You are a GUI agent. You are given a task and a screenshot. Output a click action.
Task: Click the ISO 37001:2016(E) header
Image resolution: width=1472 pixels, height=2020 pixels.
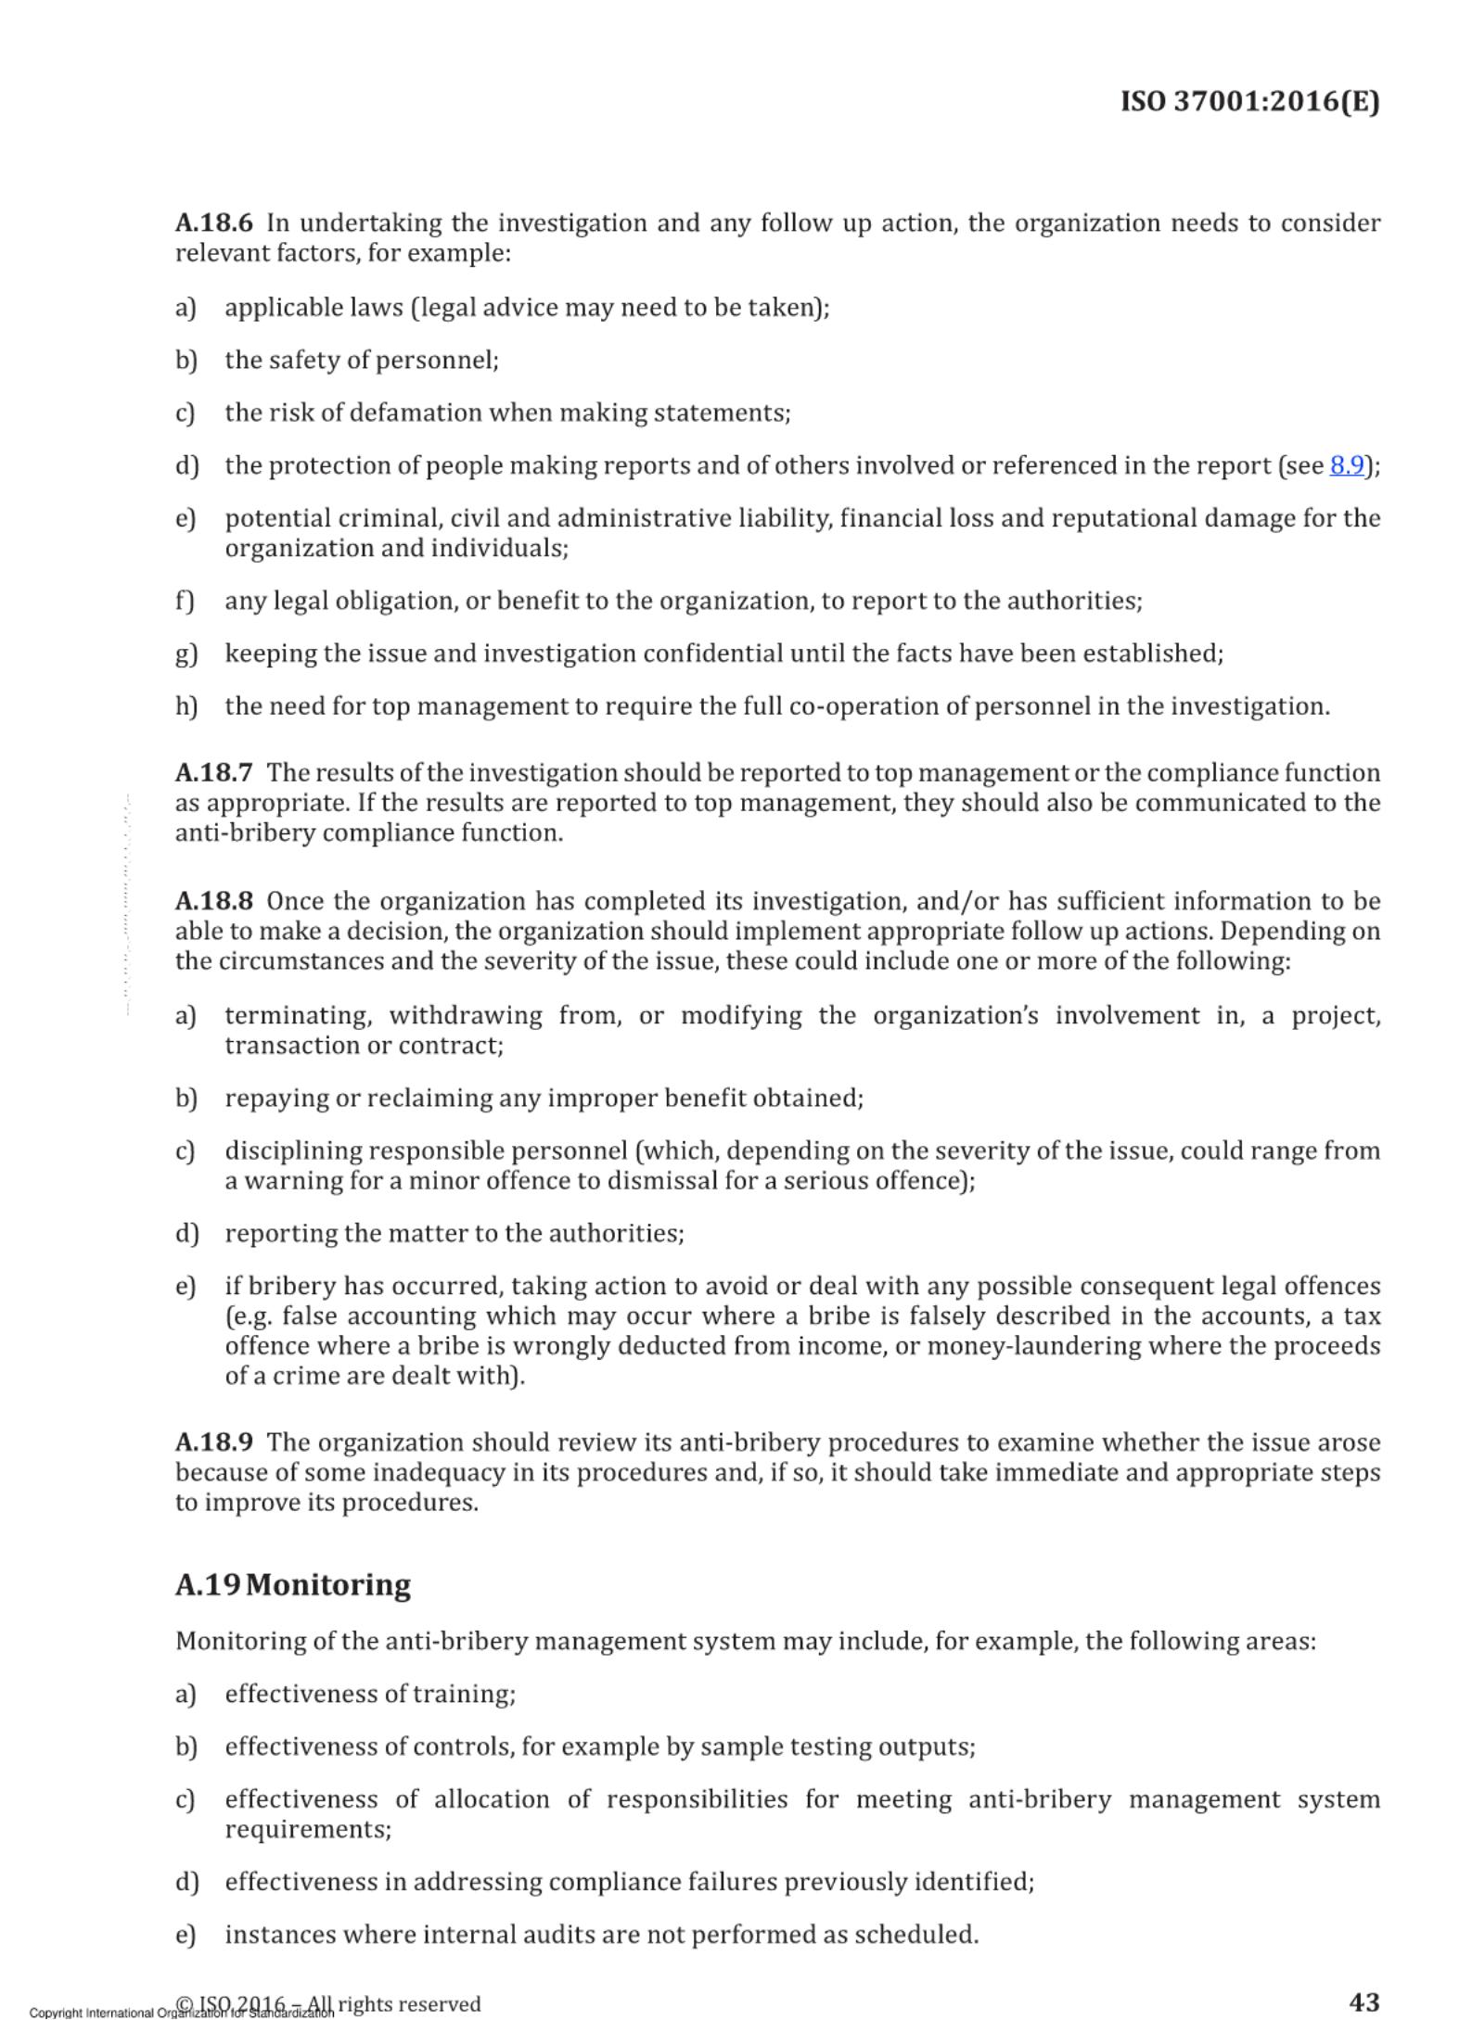1249,101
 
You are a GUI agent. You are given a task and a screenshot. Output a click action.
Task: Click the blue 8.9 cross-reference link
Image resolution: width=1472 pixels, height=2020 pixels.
1346,465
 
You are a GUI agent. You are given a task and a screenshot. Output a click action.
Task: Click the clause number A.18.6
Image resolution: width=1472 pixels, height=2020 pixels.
213,223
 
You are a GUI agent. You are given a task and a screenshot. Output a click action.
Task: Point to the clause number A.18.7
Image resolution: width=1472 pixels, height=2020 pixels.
213,773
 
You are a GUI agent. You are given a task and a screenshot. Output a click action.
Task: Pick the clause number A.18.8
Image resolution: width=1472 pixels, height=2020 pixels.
213,901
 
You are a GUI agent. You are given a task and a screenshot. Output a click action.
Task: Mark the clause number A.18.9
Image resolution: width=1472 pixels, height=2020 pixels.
213,1442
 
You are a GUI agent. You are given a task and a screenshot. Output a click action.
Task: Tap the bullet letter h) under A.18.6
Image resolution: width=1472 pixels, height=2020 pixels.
186,706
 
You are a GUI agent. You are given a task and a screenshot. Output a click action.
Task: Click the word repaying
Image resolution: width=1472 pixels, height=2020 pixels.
276,1099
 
